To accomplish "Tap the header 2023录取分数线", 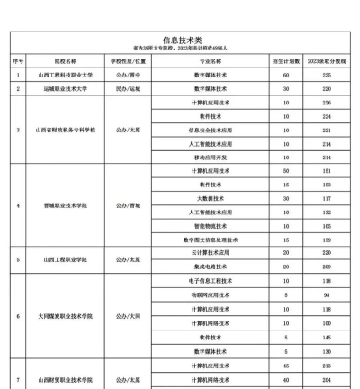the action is [325, 60].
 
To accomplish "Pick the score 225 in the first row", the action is [325, 76].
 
